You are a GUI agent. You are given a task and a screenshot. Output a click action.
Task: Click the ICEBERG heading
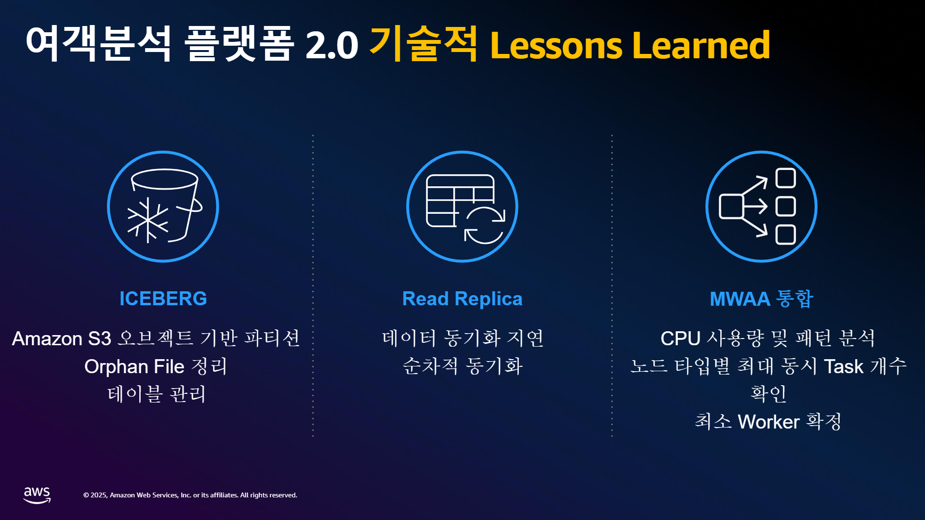click(163, 299)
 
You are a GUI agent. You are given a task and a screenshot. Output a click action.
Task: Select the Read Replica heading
click(462, 299)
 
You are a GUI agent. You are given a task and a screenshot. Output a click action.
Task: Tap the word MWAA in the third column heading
click(740, 299)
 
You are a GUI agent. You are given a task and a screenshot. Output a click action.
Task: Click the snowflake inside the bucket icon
click(148, 220)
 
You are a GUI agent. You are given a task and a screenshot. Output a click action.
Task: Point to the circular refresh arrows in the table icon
click(485, 225)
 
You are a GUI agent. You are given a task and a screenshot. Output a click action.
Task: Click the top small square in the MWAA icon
click(786, 178)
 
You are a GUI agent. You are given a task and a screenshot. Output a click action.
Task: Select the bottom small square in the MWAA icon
click(786, 235)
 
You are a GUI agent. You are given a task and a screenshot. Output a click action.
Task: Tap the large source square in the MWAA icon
click(731, 207)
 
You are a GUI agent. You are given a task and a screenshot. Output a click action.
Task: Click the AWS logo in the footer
click(37, 495)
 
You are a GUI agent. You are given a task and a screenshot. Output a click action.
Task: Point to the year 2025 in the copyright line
click(99, 495)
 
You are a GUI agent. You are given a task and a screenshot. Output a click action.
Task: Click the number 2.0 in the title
click(331, 45)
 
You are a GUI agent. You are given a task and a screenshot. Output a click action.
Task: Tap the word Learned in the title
click(701, 45)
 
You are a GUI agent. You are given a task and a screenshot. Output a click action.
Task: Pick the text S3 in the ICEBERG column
click(100, 338)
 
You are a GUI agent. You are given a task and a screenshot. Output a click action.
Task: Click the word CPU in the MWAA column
click(680, 338)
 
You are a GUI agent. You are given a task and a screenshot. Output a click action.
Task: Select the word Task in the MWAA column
click(844, 367)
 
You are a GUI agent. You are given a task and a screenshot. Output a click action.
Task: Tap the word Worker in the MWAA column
click(769, 422)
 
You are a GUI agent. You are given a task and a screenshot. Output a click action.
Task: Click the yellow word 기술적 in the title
click(423, 44)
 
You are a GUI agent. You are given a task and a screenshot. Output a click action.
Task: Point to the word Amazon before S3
click(47, 339)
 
